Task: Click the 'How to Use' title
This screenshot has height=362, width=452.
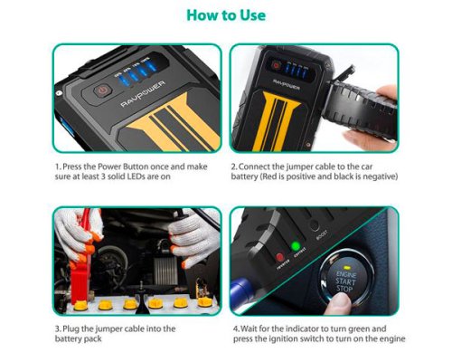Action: (225, 15)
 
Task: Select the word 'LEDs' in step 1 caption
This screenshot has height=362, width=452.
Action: (155, 179)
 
